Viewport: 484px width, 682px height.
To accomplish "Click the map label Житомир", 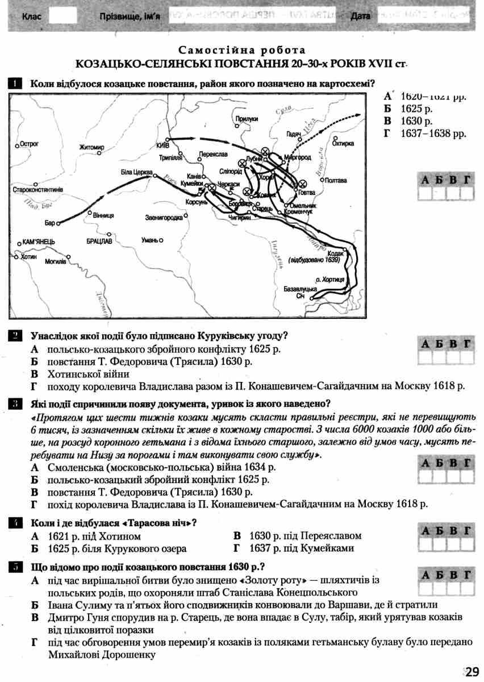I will point(92,148).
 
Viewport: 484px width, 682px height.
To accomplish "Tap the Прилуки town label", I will point(247,118).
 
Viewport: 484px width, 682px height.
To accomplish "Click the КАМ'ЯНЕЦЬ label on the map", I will point(39,242).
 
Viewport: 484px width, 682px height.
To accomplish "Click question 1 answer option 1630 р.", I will point(416,121).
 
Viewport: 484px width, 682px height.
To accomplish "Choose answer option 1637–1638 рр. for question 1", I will point(433,134).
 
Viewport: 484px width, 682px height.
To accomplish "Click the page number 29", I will point(473,672).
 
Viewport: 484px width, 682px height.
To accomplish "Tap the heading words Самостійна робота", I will point(241,50).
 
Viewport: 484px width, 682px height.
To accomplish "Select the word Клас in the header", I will point(31,17).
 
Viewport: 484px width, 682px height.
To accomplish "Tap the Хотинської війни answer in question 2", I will point(88,373).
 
